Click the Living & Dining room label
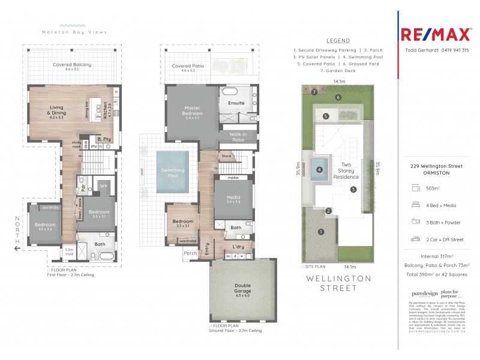[61, 110]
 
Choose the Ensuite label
[236, 103]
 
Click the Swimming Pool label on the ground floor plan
[173, 171]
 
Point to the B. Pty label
[103, 139]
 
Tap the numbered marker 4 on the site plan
[320, 170]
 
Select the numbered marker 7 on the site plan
[314, 92]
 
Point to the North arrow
[17, 235]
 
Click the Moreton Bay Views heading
[74, 32]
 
